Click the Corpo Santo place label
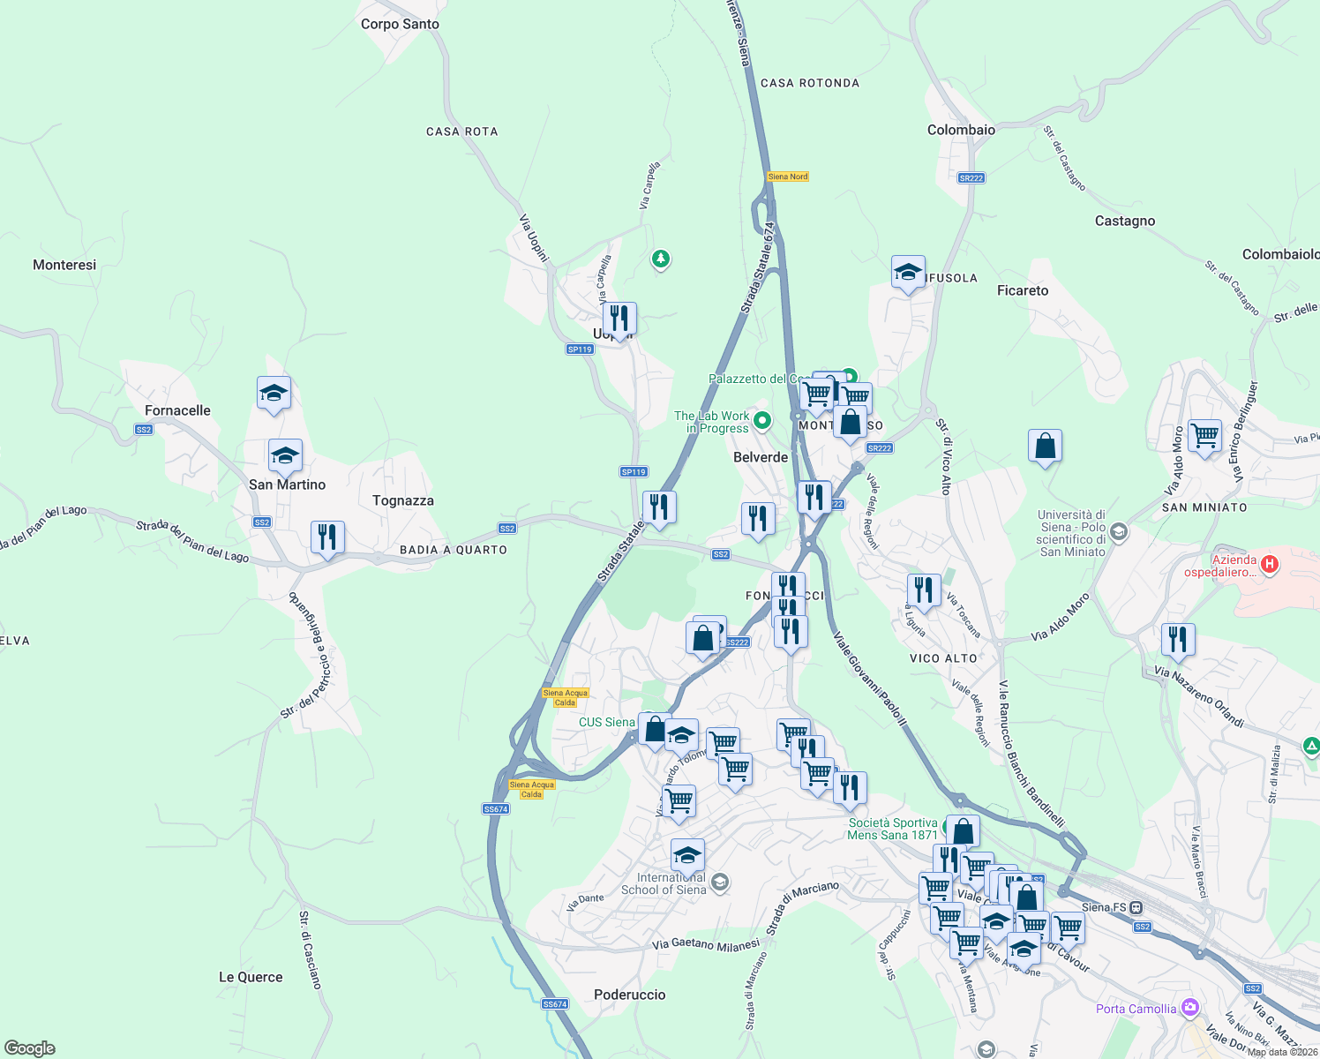pyautogui.click(x=400, y=24)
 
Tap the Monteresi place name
pyautogui.click(x=64, y=265)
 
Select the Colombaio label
pyautogui.click(x=961, y=130)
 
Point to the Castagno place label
pyautogui.click(x=1124, y=221)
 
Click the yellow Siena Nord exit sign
pyautogui.click(x=788, y=176)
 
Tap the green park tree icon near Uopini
pyautogui.click(x=660, y=259)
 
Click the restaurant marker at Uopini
pyautogui.click(x=619, y=319)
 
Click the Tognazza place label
pyautogui.click(x=403, y=500)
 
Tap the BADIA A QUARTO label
pyautogui.click(x=454, y=550)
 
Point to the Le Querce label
pyautogui.click(x=251, y=977)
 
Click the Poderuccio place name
pyautogui.click(x=630, y=995)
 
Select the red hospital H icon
pyautogui.click(x=1270, y=563)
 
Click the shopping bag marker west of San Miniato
pyautogui.click(x=1045, y=447)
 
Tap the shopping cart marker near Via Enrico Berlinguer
pyautogui.click(x=1204, y=436)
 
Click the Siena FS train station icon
pyautogui.click(x=1136, y=907)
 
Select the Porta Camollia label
pyautogui.click(x=1136, y=1009)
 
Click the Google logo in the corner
pyautogui.click(x=30, y=1048)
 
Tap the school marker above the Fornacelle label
pyautogui.click(x=274, y=394)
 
